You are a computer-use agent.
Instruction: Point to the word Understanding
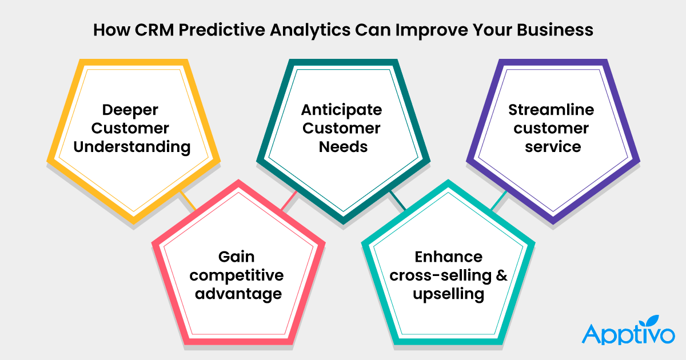pos(133,147)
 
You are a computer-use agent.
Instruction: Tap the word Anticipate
pos(342,109)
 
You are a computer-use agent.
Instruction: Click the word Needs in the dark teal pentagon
pos(342,147)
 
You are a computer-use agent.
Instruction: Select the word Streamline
pos(552,109)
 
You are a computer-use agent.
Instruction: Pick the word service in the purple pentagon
pos(552,147)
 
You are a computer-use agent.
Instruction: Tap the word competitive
pos(237,275)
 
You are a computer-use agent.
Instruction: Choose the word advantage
pos(237,294)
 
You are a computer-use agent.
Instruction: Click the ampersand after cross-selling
pos(501,275)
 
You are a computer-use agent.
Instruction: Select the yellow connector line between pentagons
pos(187,201)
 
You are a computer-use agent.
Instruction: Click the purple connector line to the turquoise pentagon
pos(498,200)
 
